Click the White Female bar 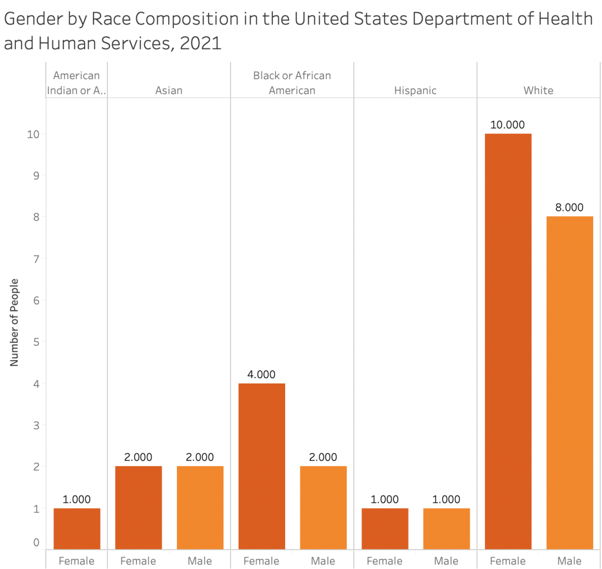coord(508,341)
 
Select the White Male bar coord(569,382)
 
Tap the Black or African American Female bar coord(262,466)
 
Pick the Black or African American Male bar coord(323,507)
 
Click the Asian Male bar coord(200,507)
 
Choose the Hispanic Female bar coord(384,528)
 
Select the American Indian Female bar coord(76,528)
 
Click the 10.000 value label coord(508,124)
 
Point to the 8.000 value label coord(569,207)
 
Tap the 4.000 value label coord(262,374)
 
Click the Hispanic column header coord(415,90)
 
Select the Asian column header coord(169,90)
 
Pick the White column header coord(539,90)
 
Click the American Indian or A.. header coord(76,83)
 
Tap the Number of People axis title coord(15,322)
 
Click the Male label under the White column coord(569,561)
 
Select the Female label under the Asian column coord(138,561)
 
